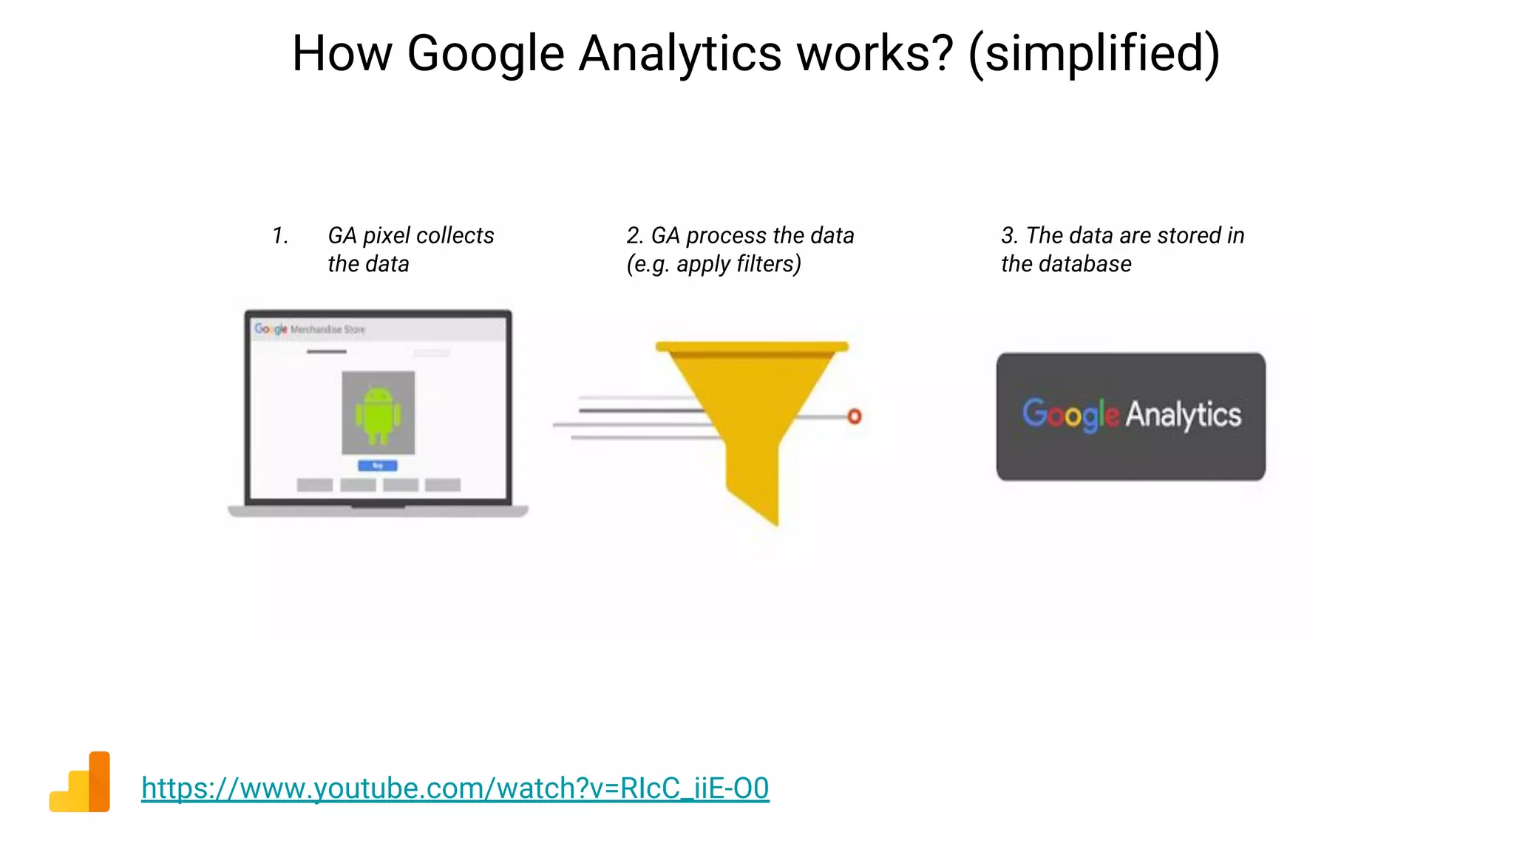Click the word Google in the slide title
[486, 55]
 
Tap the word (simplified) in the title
[1093, 55]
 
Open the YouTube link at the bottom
[455, 788]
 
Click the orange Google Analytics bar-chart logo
[81, 782]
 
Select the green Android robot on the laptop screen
[378, 415]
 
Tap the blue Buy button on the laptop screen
[378, 465]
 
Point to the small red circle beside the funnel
[855, 416]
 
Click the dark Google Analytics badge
[1130, 416]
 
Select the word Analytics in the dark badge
[1183, 415]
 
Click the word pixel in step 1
[387, 235]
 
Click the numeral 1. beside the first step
[279, 235]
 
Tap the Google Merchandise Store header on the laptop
[310, 329]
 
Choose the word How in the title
[342, 55]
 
